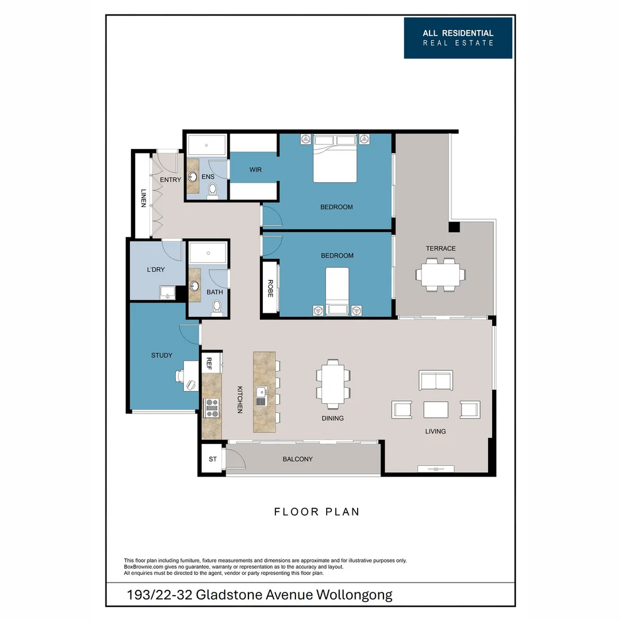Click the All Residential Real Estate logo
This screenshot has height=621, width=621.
[458, 38]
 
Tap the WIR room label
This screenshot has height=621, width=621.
[256, 170]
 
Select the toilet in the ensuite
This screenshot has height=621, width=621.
[213, 189]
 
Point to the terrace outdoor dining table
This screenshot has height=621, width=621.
[441, 274]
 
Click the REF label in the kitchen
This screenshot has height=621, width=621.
[209, 363]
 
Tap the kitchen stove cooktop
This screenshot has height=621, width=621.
[212, 407]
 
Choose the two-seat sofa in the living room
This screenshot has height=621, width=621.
[436, 381]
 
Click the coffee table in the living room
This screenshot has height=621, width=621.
[435, 409]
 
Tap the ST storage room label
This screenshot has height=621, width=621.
[213, 459]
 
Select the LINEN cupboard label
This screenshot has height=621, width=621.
[143, 198]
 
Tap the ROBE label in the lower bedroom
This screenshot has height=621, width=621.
[270, 288]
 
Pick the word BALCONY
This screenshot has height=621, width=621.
[297, 459]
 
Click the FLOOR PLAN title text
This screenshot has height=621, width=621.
[316, 512]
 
